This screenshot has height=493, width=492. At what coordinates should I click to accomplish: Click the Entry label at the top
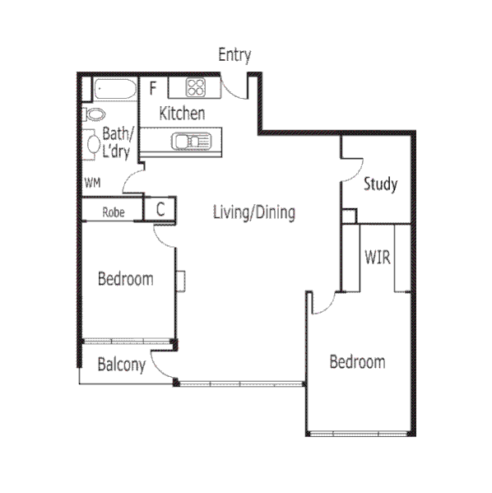234,55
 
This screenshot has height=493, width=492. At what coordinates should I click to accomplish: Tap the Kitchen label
182,114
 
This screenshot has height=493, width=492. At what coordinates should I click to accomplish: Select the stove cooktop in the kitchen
197,86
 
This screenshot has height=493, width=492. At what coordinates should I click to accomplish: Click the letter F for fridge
153,86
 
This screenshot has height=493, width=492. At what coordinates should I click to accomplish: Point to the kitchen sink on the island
189,141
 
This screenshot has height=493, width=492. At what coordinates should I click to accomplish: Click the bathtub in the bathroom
114,89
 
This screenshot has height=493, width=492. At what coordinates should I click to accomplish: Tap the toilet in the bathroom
95,114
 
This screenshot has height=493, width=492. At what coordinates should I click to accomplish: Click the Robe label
114,212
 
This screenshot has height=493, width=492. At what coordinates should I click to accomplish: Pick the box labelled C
160,209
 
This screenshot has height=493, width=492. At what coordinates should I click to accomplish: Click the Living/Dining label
253,212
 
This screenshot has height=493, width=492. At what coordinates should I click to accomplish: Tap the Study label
380,184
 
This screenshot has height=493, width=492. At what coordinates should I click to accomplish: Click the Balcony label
122,365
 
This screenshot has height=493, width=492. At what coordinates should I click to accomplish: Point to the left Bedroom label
125,279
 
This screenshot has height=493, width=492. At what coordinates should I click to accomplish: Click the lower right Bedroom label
357,361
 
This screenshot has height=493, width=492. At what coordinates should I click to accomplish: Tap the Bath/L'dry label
115,142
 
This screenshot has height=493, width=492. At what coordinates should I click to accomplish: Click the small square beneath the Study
350,216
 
